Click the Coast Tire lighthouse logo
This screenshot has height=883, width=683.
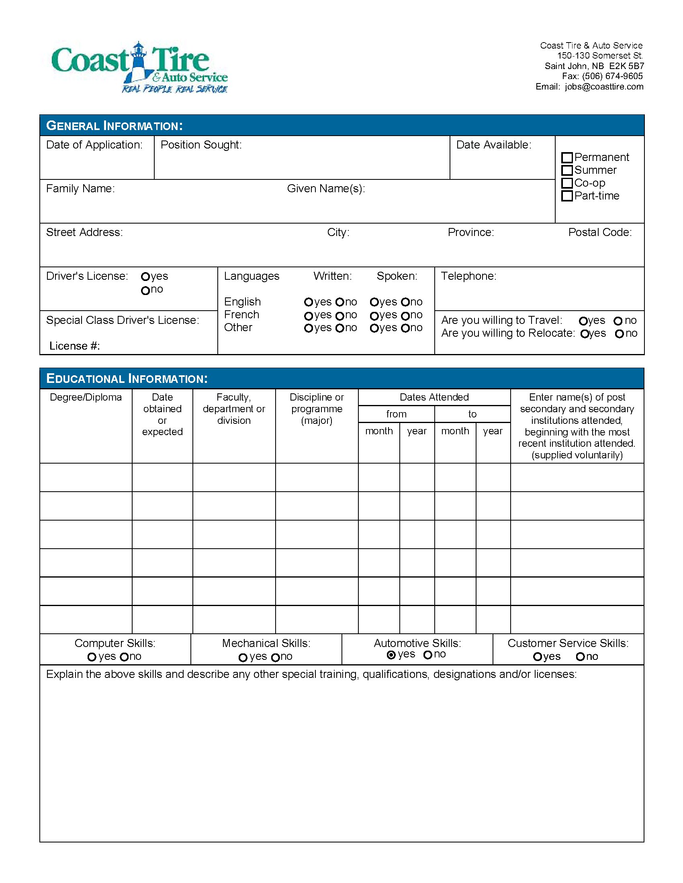tap(139, 67)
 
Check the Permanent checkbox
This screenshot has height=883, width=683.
tap(567, 157)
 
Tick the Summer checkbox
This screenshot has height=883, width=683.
tap(567, 170)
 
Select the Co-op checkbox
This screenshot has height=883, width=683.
tap(567, 183)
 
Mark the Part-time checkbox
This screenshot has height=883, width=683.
tap(567, 196)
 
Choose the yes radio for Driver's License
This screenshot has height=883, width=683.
tap(145, 277)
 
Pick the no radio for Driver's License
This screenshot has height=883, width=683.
tap(145, 290)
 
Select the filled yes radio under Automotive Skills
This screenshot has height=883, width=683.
tap(391, 655)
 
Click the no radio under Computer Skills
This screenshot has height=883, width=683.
tap(124, 657)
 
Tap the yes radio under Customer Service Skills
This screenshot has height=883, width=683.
tap(537, 657)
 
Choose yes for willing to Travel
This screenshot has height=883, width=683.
tap(583, 321)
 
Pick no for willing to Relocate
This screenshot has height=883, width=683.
tap(619, 334)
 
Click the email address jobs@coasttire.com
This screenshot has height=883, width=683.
tap(604, 87)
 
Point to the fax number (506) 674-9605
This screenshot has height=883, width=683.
tap(612, 76)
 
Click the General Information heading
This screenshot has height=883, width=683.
tap(115, 126)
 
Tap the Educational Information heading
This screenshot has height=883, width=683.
tap(127, 378)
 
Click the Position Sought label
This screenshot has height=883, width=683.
tap(201, 145)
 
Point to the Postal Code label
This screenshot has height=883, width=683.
tap(600, 232)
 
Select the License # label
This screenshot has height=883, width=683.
tap(74, 346)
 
